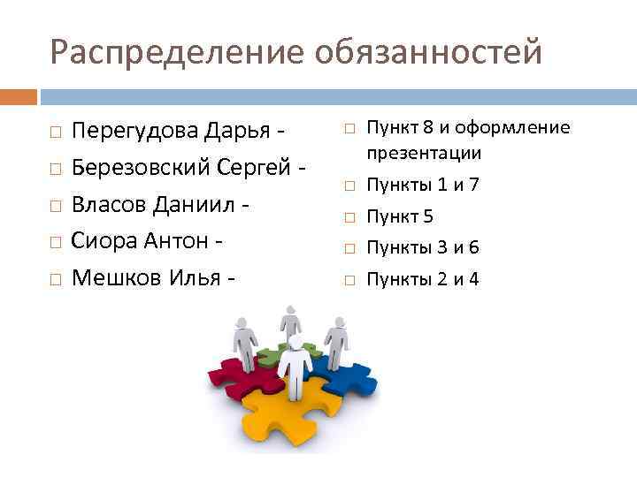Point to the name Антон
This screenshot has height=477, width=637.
(x=181, y=239)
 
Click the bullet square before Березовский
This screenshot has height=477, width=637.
(x=55, y=168)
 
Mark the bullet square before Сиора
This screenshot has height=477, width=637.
(x=55, y=242)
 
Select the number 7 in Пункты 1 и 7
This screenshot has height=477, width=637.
(x=474, y=185)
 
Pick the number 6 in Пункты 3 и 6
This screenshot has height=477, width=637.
(x=474, y=247)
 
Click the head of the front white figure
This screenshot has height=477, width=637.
(x=295, y=340)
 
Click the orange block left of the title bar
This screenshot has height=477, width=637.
(x=19, y=96)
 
